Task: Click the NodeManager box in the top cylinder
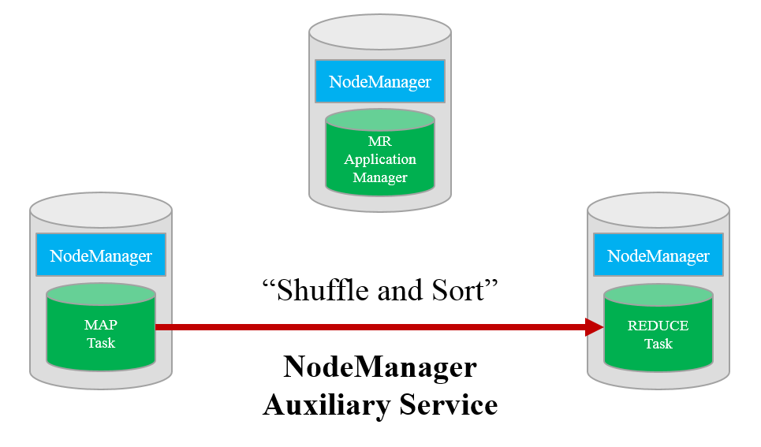coord(379,81)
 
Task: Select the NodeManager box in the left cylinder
coord(101,255)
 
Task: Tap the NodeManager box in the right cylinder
coord(658,255)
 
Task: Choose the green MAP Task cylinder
coord(101,331)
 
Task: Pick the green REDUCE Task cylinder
coord(658,331)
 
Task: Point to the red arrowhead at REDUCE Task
coord(594,327)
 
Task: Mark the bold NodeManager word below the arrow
coord(379,367)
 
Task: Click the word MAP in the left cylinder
coord(101,325)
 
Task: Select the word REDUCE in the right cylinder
coord(658,326)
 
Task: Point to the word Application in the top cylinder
coord(379,159)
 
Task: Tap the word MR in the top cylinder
coord(379,142)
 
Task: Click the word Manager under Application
coord(379,177)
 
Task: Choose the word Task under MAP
coord(101,343)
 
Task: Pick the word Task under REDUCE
coord(658,344)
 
